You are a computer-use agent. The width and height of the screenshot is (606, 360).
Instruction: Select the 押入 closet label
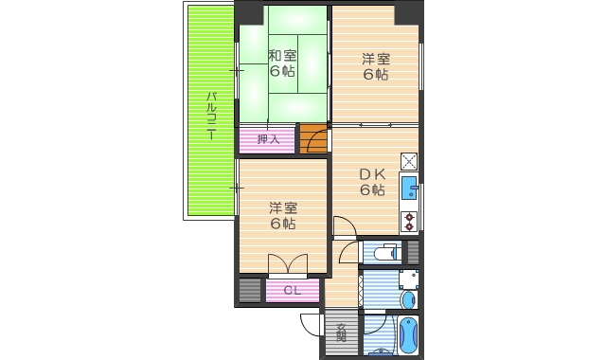tap(268, 139)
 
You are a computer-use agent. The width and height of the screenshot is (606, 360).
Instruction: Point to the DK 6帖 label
tap(371, 182)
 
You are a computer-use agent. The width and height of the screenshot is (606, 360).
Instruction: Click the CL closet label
tap(293, 291)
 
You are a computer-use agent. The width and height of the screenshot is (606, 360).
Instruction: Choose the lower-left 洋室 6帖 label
tap(281, 216)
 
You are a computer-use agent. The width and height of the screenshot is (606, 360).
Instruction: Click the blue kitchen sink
tap(409, 188)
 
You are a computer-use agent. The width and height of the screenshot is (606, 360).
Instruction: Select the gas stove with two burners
tap(410, 222)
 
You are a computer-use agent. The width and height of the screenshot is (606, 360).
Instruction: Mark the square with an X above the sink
tap(410, 161)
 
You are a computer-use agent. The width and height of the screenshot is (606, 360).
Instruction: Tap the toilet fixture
tap(384, 253)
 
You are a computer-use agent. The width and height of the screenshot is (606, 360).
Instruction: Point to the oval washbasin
tap(408, 300)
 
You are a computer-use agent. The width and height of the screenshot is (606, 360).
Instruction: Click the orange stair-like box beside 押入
tap(313, 139)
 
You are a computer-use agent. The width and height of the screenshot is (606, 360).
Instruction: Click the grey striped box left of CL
tap(250, 291)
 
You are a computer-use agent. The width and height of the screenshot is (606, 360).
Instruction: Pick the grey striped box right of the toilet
tap(412, 253)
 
